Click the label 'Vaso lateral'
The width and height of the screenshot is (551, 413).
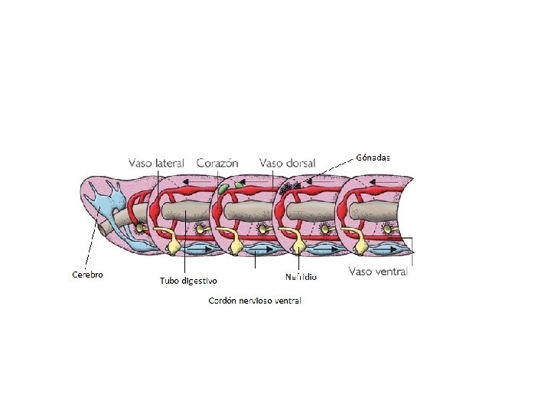pos(156,163)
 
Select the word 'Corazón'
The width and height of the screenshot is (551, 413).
pos(217,163)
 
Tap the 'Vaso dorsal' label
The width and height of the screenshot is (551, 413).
pos(283,163)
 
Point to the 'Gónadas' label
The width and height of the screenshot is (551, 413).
pos(373,158)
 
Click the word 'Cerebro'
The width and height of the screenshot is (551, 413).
pos(87,274)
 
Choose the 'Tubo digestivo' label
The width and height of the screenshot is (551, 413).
pos(188,281)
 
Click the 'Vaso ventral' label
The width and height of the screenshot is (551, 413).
pos(379,271)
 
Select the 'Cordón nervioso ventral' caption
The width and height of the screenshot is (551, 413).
pos(255,301)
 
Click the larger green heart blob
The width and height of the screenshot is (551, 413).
pos(222,188)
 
